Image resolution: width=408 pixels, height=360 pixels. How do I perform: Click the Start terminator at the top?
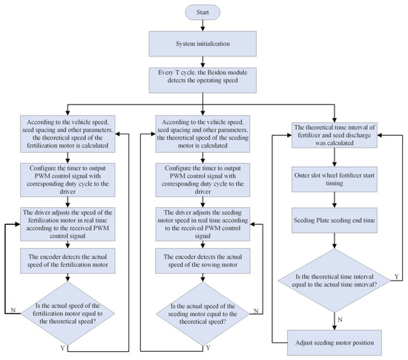[x=203, y=12]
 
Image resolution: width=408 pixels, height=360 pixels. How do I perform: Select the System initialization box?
[x=203, y=44]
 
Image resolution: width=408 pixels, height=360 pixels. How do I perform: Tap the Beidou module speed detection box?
[x=203, y=80]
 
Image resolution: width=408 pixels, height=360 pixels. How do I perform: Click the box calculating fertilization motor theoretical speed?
[x=68, y=134]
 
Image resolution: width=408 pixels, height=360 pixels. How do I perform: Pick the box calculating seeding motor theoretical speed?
[x=203, y=134]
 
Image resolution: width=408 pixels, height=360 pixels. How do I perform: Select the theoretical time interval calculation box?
[x=335, y=135]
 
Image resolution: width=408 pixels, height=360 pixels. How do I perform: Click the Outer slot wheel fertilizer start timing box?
[x=335, y=180]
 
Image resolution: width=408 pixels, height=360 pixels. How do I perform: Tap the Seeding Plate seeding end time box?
[x=335, y=220]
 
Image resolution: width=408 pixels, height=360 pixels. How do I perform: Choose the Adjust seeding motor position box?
[x=335, y=343]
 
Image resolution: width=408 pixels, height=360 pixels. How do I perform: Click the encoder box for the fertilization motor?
[x=68, y=261]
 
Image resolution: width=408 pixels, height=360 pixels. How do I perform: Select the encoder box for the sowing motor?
[x=203, y=261]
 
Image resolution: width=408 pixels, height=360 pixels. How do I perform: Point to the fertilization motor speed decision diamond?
[x=68, y=313]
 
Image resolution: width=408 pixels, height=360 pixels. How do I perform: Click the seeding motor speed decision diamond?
[x=203, y=314]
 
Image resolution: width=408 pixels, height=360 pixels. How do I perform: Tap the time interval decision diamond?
[x=335, y=281]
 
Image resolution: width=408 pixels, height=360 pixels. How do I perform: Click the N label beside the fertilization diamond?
[x=13, y=310]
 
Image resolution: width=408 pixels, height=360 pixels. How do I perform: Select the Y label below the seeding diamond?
[x=208, y=348]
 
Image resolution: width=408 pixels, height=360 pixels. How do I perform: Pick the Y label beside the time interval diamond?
[x=396, y=276]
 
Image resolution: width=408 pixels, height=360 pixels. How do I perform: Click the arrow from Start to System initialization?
[x=203, y=25]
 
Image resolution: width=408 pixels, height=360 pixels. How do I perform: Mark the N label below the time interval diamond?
[x=340, y=320]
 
